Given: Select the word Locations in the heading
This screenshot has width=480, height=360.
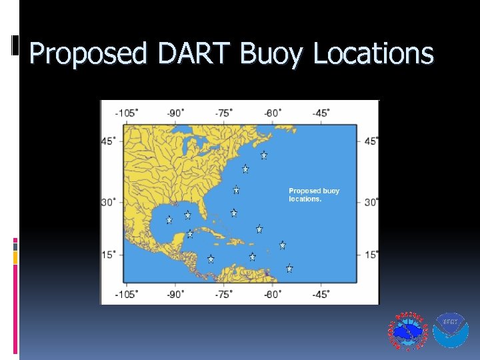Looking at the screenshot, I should point(373,53).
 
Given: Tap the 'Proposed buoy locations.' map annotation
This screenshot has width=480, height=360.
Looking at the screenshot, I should point(314,195).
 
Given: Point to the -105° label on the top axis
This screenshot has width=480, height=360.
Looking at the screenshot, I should point(127,113).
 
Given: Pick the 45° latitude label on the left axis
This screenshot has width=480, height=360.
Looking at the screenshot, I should point(109,141).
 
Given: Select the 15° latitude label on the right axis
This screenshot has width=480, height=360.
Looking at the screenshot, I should point(371,255).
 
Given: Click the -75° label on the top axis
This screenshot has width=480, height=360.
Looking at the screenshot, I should point(224,113).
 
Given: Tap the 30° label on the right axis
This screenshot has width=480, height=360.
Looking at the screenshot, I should point(371,202).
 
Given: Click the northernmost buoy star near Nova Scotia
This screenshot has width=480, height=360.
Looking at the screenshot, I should point(264,155).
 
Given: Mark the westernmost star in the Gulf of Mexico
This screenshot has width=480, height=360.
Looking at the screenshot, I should point(169,219).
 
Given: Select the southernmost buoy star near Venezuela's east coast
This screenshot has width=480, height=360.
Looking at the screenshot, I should point(289,269).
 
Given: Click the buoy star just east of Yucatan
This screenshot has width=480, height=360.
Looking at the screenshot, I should point(190,234).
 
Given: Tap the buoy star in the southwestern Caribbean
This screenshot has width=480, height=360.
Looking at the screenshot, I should point(211,259).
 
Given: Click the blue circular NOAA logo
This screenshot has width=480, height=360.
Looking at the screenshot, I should point(451,331).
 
